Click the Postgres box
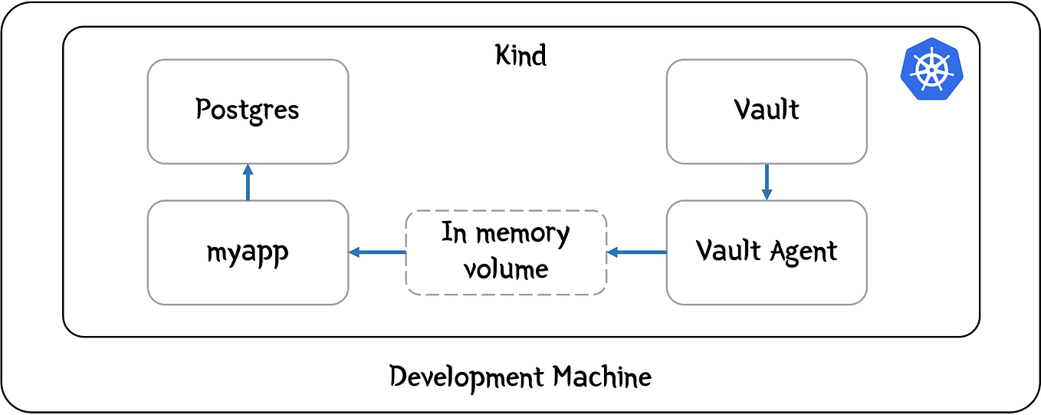click(248, 111)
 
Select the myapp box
click(248, 252)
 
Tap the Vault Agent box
click(767, 252)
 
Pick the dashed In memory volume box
click(506, 252)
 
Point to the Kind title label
click(521, 56)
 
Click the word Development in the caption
click(466, 377)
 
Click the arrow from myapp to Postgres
click(248, 183)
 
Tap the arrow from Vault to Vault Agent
click(767, 183)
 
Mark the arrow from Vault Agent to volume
click(636, 252)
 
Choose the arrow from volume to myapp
click(376, 252)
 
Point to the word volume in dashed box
click(506, 269)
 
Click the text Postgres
click(248, 110)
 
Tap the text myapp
click(248, 252)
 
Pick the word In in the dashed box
click(455, 232)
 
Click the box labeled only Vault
click(767, 111)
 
